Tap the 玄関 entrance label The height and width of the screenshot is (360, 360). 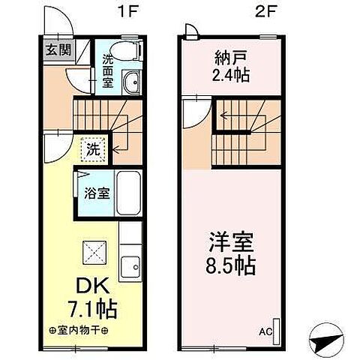pyautogui.click(x=55, y=50)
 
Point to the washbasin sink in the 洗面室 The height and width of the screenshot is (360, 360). pyautogui.click(x=132, y=82)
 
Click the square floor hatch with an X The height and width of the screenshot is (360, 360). pyautogui.click(x=93, y=250)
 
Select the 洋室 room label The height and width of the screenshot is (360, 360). pyautogui.click(x=231, y=243)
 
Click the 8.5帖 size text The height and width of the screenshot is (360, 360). pyautogui.click(x=231, y=267)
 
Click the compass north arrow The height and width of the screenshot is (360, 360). pyautogui.click(x=327, y=342)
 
